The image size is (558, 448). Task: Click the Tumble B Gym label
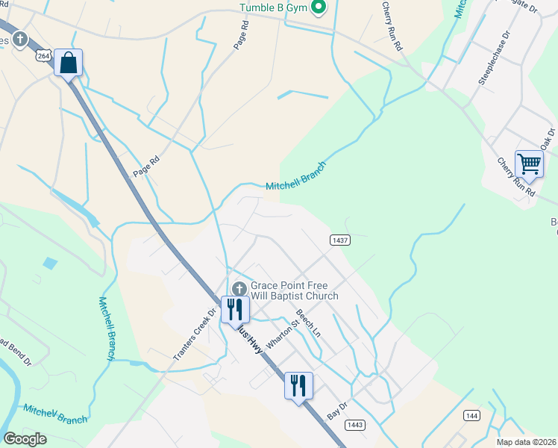[273, 8]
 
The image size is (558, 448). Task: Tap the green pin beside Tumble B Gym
[319, 8]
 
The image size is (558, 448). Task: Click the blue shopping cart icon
[529, 163]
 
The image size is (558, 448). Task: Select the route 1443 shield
[354, 424]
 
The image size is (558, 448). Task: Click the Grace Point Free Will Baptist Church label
[294, 290]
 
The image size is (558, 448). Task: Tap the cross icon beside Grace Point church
[239, 288]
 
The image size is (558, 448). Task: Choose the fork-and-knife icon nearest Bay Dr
[298, 385]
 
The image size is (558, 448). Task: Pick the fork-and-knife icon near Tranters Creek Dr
[234, 308]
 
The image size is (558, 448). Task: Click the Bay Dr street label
[338, 410]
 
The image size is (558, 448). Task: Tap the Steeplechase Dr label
[495, 59]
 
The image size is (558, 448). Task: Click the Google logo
[25, 439]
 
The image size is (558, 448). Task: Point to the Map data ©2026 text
[526, 442]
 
